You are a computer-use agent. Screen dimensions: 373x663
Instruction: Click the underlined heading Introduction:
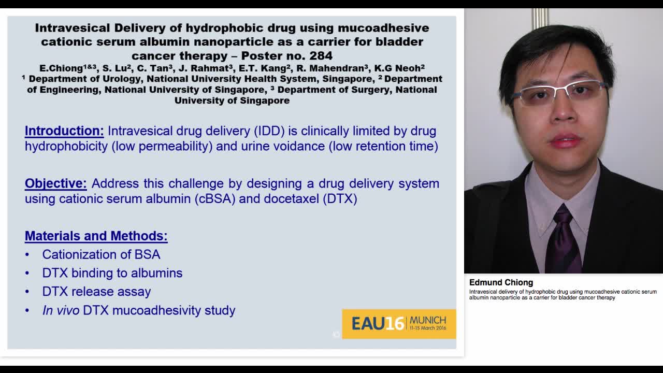click(64, 131)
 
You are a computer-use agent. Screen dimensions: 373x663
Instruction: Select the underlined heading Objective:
click(56, 183)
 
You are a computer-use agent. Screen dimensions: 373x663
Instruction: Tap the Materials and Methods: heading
click(96, 236)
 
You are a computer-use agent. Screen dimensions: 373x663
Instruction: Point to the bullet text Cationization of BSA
click(101, 254)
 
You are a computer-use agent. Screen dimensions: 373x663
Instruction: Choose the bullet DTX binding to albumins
click(112, 273)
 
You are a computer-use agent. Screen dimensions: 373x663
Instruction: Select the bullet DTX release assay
click(96, 292)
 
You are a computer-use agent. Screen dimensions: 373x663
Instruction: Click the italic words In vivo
click(61, 310)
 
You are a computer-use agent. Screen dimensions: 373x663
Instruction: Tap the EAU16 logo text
click(377, 324)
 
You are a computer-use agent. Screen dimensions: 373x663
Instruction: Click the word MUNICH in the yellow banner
click(427, 320)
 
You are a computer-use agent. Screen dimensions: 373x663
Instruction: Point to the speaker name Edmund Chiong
click(501, 282)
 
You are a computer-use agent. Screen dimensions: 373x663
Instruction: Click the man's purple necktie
click(563, 239)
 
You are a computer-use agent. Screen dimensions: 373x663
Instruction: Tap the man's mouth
click(566, 141)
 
